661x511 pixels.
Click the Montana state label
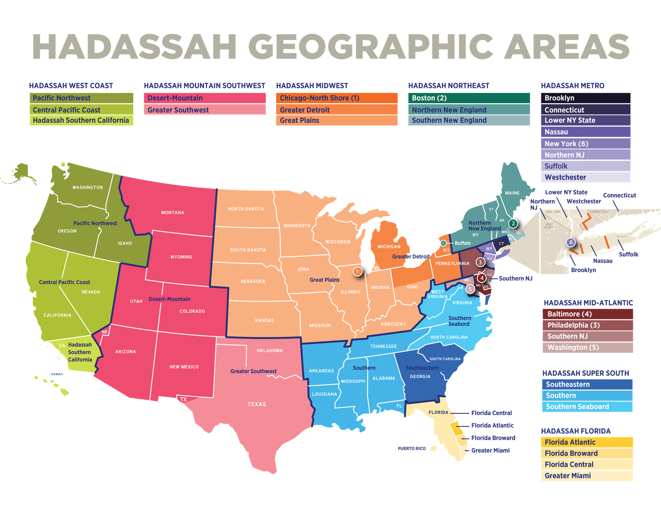click(173, 213)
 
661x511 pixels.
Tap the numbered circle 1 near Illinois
click(357, 271)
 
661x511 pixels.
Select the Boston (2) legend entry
click(468, 98)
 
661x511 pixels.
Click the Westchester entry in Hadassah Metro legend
click(585, 177)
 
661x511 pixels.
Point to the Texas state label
click(256, 404)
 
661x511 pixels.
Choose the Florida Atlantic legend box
click(587, 442)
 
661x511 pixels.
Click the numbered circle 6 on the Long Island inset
click(571, 242)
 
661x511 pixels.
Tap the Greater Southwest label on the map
click(253, 371)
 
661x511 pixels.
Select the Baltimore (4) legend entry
click(587, 314)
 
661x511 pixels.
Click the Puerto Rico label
click(412, 449)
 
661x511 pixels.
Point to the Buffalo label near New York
click(462, 243)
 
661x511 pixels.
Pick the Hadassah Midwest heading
click(312, 86)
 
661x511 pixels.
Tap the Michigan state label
click(389, 247)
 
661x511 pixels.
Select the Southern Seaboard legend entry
click(587, 407)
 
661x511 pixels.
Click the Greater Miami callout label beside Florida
click(490, 451)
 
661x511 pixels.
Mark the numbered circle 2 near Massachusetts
click(513, 223)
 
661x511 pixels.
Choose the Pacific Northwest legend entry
click(81, 98)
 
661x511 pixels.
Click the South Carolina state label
click(445, 359)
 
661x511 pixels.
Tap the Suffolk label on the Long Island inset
click(628, 254)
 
